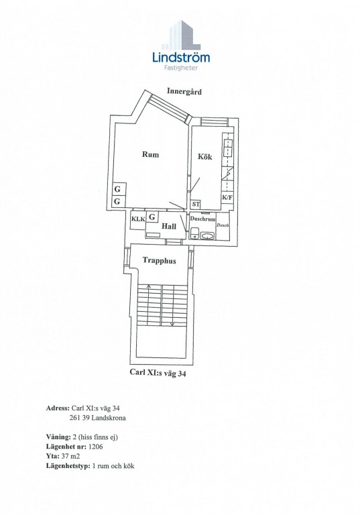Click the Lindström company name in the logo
[181, 57]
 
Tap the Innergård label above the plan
[184, 91]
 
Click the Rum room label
[150, 154]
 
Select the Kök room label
[204, 156]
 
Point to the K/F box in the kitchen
[227, 197]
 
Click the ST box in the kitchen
[196, 205]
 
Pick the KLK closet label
[138, 219]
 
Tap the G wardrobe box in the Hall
[152, 217]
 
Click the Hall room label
[168, 226]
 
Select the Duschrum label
[202, 219]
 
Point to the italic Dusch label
[223, 225]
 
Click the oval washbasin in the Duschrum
[207, 235]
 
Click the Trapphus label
[159, 261]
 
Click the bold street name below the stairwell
[158, 372]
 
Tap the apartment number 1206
[95, 447]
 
